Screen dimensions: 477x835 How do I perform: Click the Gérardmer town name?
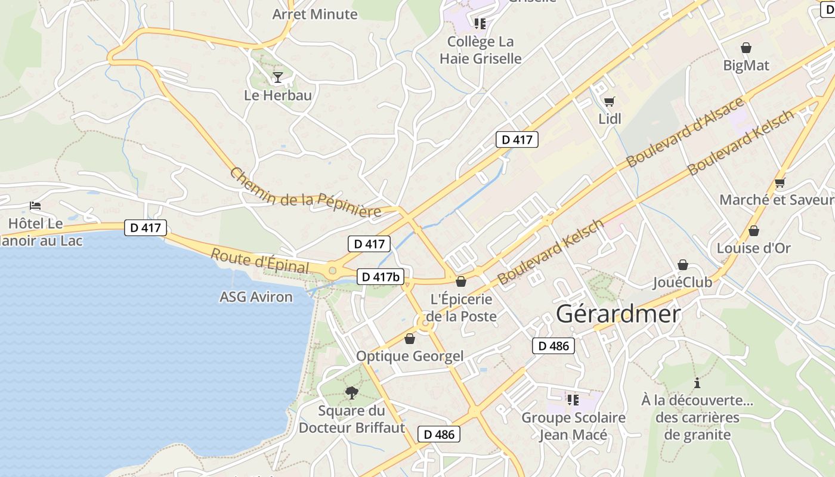point(618,314)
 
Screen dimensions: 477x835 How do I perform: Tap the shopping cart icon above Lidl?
point(609,101)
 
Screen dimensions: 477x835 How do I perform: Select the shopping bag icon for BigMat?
point(746,48)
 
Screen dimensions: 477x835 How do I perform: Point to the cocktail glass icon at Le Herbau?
point(277,77)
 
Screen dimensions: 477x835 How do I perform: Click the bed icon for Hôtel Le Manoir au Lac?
point(35,206)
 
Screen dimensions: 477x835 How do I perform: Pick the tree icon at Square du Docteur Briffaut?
point(352,392)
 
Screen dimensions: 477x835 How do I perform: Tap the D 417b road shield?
point(381,277)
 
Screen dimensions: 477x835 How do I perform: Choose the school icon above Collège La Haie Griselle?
point(480,24)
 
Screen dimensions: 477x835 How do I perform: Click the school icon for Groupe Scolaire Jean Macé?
point(573,399)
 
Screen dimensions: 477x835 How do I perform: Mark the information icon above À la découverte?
point(697,383)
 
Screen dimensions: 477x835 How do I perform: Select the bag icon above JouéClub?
point(682,265)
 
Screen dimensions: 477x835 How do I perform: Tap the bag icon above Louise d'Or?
point(754,231)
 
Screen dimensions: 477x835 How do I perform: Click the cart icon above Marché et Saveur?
point(780,182)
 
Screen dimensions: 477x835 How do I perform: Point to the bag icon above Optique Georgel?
point(410,339)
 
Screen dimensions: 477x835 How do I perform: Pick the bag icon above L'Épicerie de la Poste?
point(461,281)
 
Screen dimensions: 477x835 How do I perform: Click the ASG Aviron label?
point(256,297)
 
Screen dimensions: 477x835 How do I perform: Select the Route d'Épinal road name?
point(260,261)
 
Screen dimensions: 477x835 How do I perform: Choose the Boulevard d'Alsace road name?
point(685,132)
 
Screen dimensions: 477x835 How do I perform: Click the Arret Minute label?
point(315,14)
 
